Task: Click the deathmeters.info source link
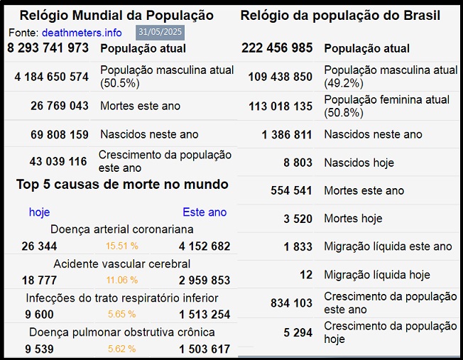82,33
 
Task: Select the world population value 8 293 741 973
48,48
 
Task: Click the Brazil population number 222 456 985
277,48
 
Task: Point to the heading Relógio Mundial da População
116,15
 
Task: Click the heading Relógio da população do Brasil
340,15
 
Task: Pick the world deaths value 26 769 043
60,106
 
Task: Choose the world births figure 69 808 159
60,134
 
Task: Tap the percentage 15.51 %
122,246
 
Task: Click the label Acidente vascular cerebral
122,264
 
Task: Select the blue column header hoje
39,212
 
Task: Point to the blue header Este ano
205,212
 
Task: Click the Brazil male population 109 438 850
280,77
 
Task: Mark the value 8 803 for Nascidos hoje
298,163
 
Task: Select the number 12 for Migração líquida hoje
305,275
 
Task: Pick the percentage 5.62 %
122,349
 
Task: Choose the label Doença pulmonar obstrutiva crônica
122,332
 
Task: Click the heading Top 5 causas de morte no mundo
122,185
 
